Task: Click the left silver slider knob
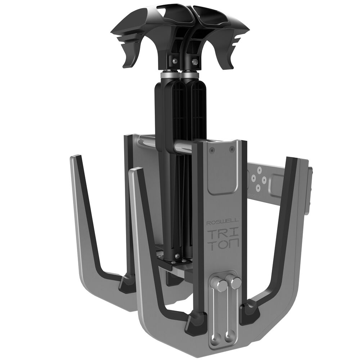coord(221,285)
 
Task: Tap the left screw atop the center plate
coord(212,149)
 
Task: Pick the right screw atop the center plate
coord(231,148)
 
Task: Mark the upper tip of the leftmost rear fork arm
coord(76,157)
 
